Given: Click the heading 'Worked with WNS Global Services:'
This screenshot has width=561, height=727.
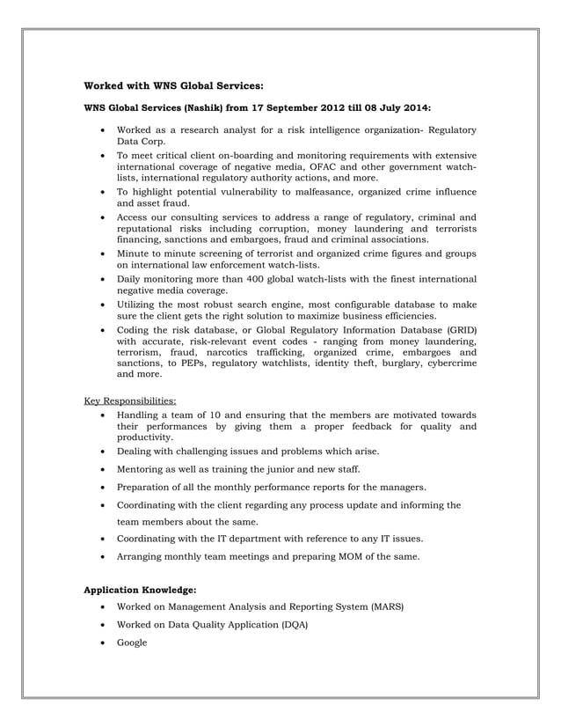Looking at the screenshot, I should click(x=173, y=86).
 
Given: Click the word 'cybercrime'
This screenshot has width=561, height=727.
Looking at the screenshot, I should click(x=448, y=363).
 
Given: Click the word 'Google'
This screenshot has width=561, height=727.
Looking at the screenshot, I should click(x=133, y=643).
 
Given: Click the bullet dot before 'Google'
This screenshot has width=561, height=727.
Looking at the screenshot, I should click(x=105, y=643).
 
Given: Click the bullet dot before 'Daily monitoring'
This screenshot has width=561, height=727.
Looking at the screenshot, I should click(x=105, y=280).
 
